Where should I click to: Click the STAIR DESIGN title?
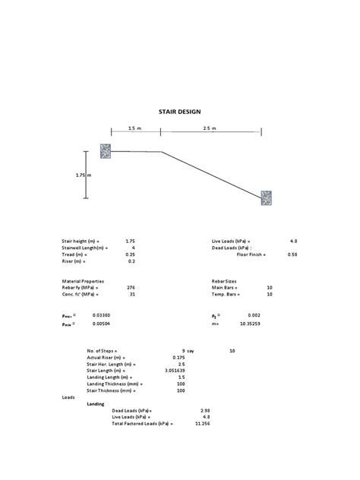(179, 112)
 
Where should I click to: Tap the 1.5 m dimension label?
(135, 128)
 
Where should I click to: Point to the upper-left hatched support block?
(106, 151)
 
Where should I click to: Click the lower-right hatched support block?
(267, 199)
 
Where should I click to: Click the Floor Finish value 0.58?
(292, 254)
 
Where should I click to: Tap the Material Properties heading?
(83, 281)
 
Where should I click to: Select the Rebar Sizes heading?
(226, 281)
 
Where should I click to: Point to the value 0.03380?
(100, 314)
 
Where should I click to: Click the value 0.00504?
(100, 323)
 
